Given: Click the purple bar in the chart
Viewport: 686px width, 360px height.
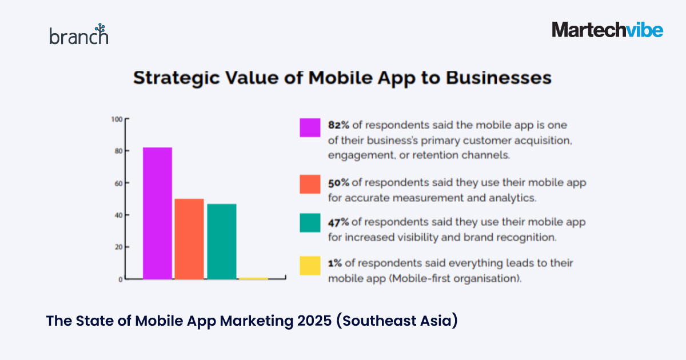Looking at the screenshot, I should click(157, 213).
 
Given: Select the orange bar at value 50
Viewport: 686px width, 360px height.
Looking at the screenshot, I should click(189, 239).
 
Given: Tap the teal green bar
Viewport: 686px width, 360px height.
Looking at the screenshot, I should click(222, 241).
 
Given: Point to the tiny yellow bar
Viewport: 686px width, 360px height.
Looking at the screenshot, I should click(254, 278).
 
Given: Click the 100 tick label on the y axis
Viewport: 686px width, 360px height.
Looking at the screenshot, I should click(117, 119).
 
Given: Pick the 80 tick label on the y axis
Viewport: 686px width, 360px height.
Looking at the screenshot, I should click(118, 151).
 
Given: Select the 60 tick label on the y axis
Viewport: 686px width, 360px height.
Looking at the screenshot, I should click(118, 183).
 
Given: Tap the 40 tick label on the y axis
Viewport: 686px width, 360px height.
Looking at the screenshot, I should click(118, 215).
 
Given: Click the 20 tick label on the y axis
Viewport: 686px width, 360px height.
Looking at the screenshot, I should click(118, 247).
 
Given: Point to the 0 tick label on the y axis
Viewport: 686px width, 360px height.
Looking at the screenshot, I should click(120, 279).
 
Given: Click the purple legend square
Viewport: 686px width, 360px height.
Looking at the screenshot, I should click(310, 127).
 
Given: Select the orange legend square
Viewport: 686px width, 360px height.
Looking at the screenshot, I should click(310, 184).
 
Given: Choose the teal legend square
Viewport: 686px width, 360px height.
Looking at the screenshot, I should click(310, 223).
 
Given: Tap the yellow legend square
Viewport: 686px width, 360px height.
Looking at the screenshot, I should click(310, 266).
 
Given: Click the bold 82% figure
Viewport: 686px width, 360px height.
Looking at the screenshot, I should click(339, 125).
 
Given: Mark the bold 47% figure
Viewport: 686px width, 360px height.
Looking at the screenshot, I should click(339, 222).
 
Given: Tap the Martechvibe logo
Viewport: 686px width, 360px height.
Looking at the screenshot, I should click(607, 30).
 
